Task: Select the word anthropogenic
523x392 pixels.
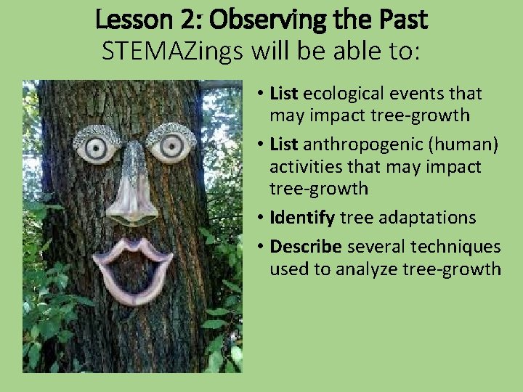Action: (356, 144)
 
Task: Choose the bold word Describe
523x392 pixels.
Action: (304, 246)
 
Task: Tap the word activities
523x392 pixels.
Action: (301, 166)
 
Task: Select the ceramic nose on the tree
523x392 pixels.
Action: (133, 185)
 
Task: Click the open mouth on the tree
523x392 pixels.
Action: (133, 266)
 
